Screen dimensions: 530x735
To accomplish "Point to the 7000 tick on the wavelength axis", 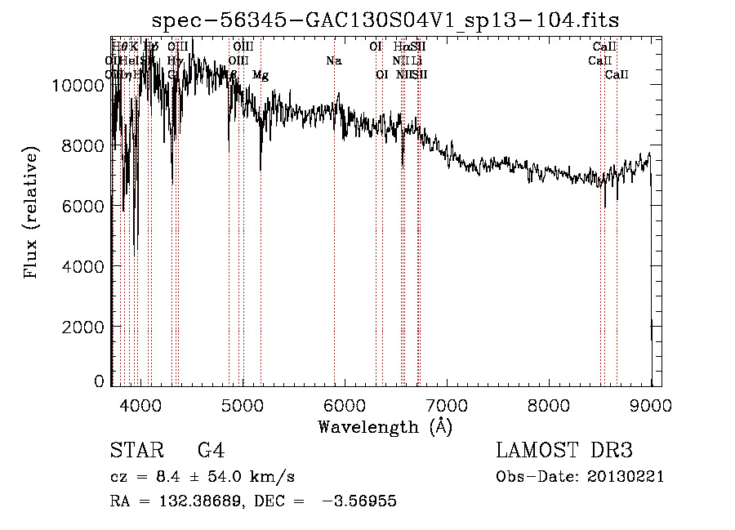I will [446, 406].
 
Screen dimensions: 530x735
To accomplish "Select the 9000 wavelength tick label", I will [651, 406].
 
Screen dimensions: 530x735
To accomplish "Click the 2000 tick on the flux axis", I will [86, 327].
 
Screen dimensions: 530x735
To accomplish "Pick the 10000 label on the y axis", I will [81, 85].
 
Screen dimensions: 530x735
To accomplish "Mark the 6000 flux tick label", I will [86, 206].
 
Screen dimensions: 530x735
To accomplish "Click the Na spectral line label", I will [333, 61].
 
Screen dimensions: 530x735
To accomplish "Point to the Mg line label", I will [261, 75].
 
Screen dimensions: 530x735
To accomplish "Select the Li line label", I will [417, 61].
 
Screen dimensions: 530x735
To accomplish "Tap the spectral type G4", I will [211, 451].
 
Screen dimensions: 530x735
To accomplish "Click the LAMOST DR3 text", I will [564, 451].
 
